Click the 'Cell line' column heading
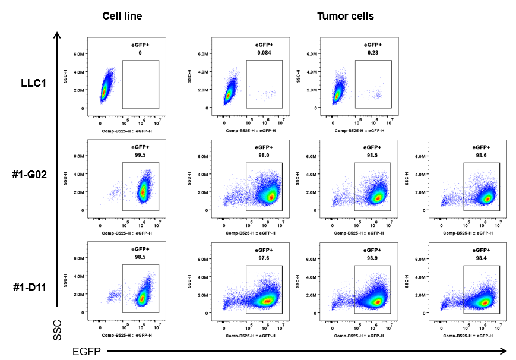(122, 16)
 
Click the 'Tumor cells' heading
(346, 16)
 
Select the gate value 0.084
(264, 53)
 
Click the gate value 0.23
(373, 53)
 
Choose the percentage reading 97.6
(264, 257)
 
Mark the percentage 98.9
(373, 257)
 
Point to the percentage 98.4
(481, 257)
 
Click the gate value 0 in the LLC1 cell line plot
(140, 53)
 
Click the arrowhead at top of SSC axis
(57, 34)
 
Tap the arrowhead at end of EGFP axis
(504, 350)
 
